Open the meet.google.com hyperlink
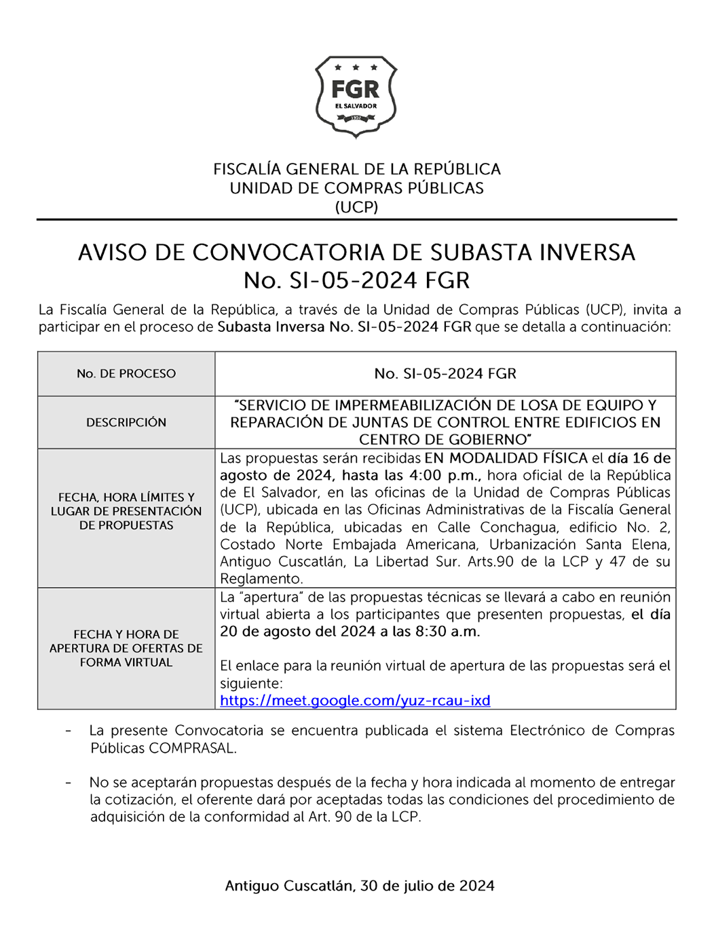point(355,701)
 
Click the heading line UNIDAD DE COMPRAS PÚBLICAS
point(356,188)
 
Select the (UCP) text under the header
point(356,207)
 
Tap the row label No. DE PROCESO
point(126,373)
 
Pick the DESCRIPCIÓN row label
point(126,422)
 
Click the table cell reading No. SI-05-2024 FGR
point(445,373)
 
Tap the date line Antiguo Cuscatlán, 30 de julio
point(360,886)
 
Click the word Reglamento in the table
point(261,579)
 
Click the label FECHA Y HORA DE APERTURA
point(126,641)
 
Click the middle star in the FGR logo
point(356,67)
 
